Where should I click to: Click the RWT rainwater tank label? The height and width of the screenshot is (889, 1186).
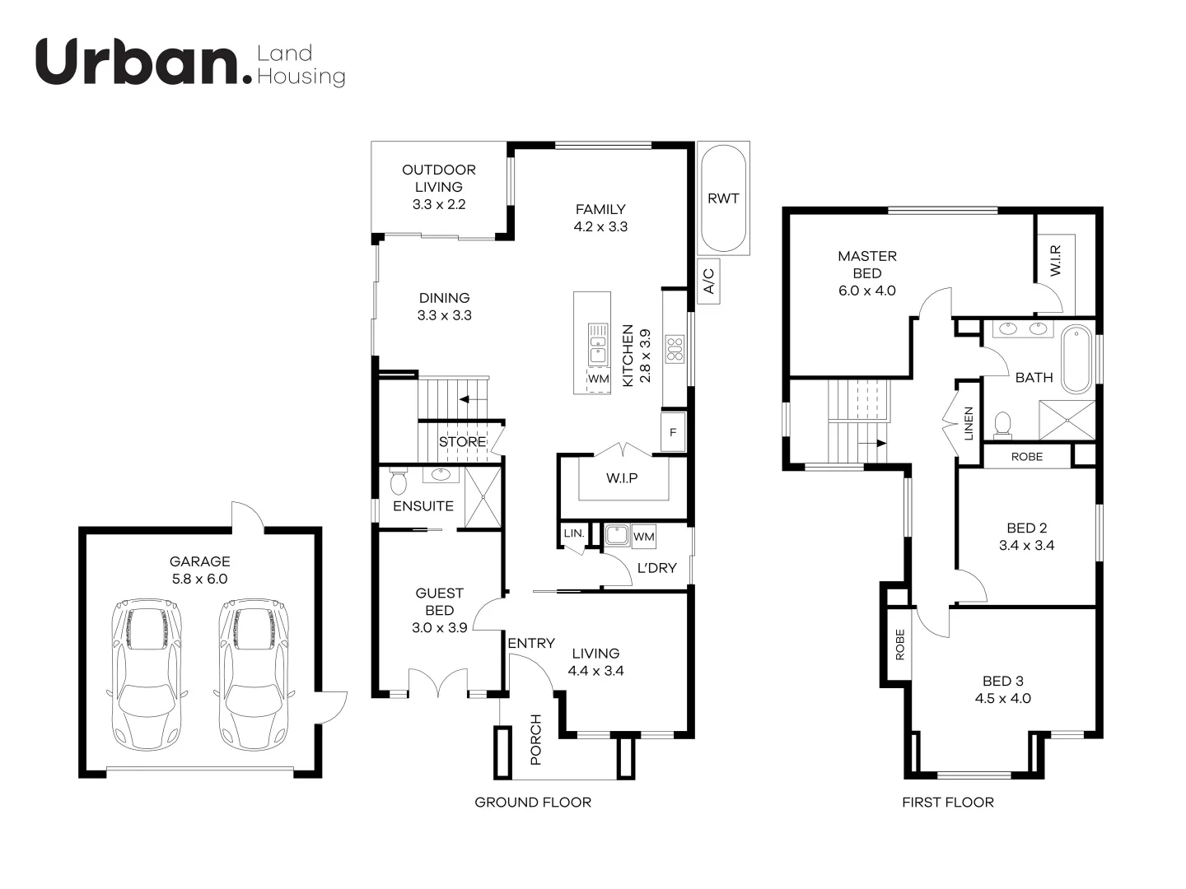click(x=723, y=198)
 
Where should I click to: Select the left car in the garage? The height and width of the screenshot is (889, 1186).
click(x=145, y=673)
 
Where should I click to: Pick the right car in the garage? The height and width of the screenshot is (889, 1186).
click(x=253, y=673)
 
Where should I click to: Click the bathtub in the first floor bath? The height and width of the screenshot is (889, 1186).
click(x=1076, y=360)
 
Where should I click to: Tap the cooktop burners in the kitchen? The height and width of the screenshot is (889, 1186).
click(x=675, y=349)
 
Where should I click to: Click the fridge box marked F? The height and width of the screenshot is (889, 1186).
click(x=673, y=432)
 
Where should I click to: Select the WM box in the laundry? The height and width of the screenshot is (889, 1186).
click(x=644, y=537)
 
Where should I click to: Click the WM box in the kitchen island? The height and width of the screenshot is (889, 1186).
click(x=599, y=379)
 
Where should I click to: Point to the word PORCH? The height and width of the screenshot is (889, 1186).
click(x=535, y=739)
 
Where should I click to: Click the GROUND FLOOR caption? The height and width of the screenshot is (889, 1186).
click(x=533, y=802)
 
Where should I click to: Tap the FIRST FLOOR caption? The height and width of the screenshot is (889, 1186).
click(x=948, y=802)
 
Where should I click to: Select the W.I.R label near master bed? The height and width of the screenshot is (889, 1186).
click(x=1057, y=259)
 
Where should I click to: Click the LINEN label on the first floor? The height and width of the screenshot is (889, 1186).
click(x=969, y=423)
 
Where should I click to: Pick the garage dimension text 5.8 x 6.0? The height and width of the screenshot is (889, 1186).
click(x=199, y=579)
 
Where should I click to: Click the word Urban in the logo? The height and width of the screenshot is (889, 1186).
click(x=136, y=63)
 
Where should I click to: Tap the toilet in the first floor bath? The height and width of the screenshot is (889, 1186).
click(x=1002, y=423)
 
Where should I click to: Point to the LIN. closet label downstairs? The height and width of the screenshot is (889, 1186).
click(x=574, y=533)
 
